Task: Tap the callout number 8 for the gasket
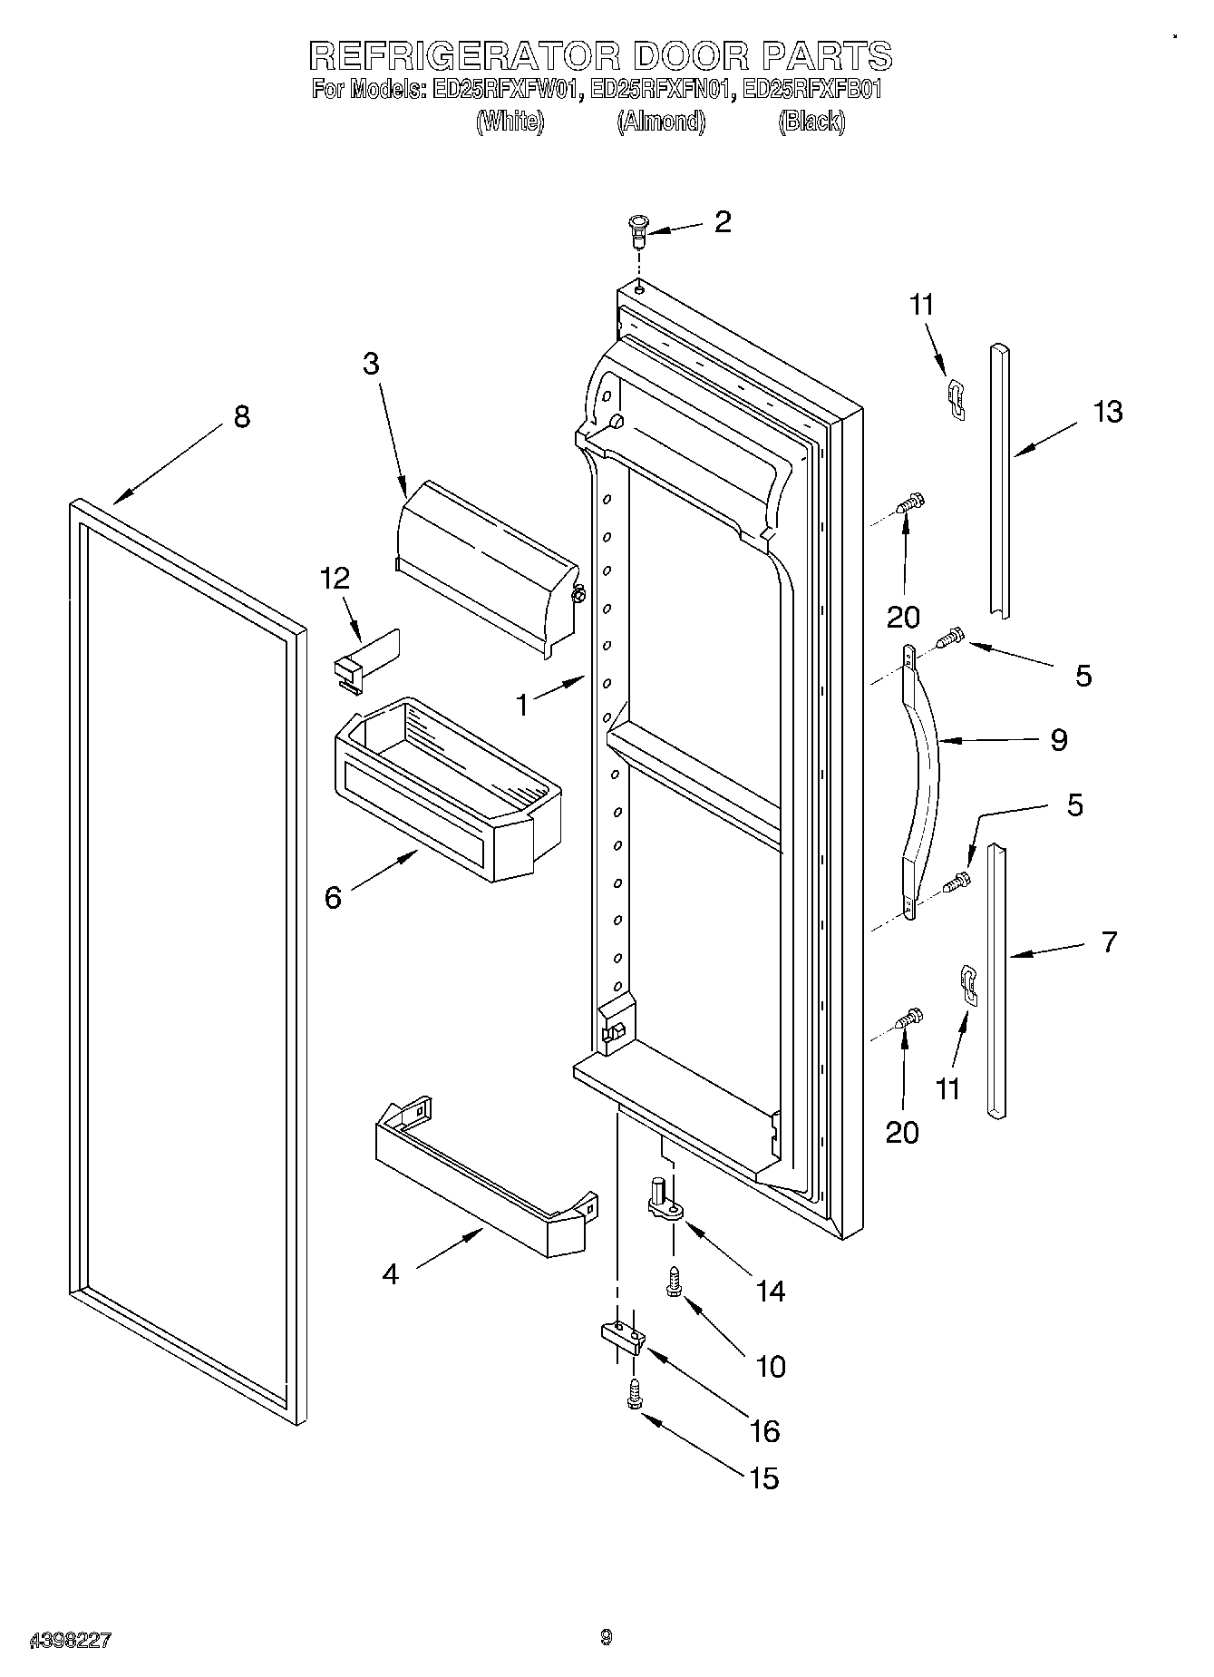pos(241,418)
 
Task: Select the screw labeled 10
pos(675,1281)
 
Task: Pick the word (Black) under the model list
pos(811,122)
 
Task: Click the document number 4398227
pos(71,1641)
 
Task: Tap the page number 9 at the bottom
pos(606,1638)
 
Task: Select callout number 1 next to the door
pos(521,705)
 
